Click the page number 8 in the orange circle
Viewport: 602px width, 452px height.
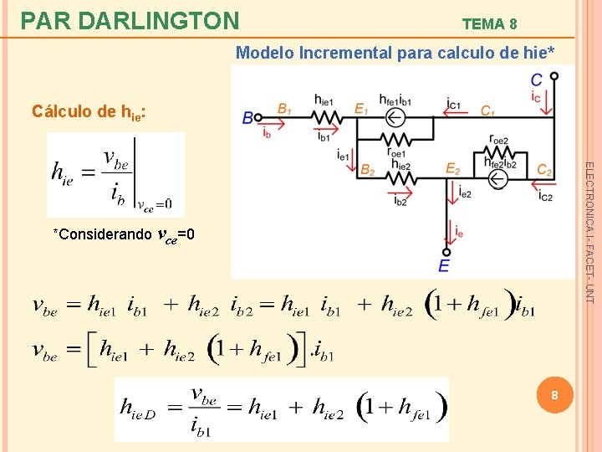pos(553,394)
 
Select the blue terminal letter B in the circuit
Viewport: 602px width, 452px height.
pos(247,118)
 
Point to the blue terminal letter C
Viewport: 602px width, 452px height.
pos(536,80)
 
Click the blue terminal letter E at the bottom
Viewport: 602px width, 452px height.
pos(443,265)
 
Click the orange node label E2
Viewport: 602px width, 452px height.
pos(452,169)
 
